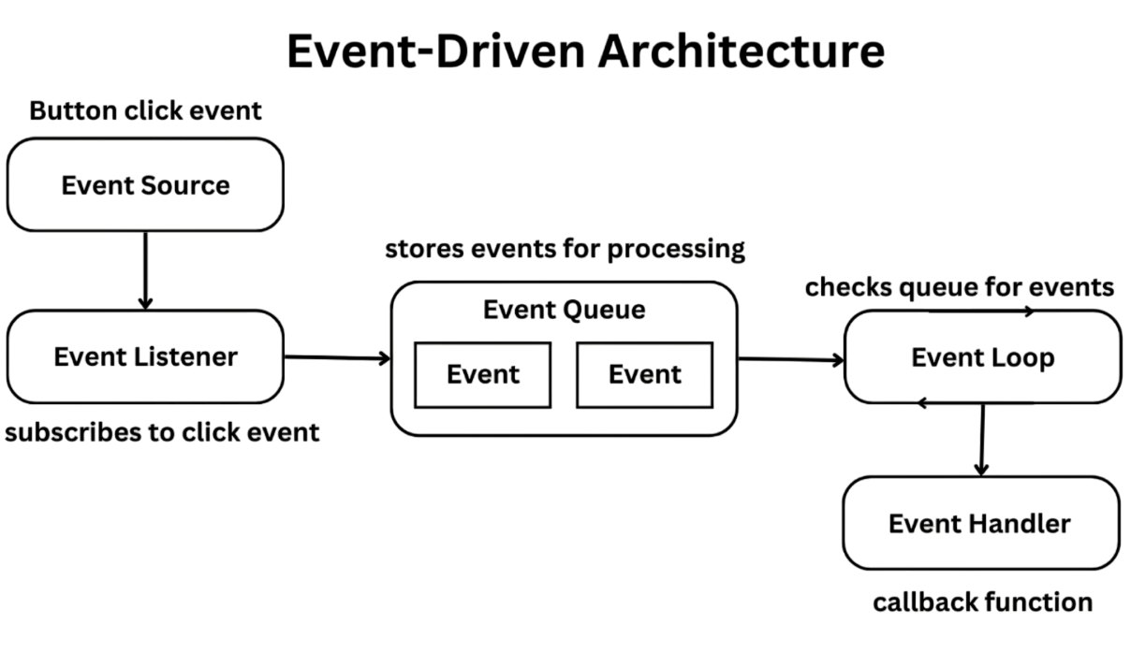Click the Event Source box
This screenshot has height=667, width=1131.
coord(145,185)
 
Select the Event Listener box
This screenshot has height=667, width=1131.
coord(145,356)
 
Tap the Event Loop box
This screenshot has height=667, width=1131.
coord(982,357)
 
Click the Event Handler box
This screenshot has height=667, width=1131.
coord(979,523)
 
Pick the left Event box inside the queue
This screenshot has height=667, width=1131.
coord(482,374)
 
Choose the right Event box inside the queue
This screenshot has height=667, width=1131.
coord(644,374)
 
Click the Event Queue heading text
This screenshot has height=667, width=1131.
coord(564,310)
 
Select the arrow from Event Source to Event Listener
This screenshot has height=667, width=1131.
coord(145,270)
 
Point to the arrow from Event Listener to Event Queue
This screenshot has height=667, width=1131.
coord(337,357)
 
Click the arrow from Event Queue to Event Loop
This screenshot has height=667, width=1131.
coord(791,358)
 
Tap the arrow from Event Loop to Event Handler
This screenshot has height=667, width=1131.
coord(981,440)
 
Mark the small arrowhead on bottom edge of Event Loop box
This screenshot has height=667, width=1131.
coord(922,403)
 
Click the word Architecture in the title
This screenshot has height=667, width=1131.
coord(741,51)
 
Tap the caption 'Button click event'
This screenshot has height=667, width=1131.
coord(145,110)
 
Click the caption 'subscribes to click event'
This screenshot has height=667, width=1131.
coord(162,432)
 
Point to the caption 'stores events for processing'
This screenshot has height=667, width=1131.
coord(565,250)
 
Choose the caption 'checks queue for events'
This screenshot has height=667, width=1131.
coord(959,286)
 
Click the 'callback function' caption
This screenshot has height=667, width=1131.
coord(982,602)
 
